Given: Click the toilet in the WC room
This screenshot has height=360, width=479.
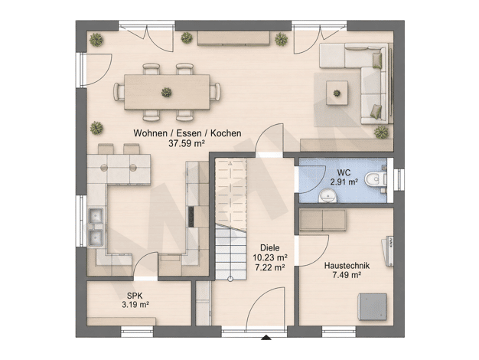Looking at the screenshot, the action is point(375,179).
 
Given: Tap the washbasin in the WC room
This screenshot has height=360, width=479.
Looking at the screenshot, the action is point(327,196).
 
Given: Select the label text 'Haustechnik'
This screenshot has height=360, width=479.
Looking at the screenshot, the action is point(347,266).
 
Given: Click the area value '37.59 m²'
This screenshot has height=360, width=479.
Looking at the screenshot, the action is point(187,143).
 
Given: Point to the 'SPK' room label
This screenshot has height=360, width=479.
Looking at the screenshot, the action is point(135,296).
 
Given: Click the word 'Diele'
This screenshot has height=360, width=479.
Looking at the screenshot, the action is point(270,247).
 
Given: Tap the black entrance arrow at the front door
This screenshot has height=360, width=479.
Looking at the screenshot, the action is point(266,337).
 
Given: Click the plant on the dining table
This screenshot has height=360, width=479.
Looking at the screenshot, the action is point(166,92).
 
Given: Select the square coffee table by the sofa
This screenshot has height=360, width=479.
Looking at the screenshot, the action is point(337,93).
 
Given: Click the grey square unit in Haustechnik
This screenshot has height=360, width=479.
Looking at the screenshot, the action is point(373,307).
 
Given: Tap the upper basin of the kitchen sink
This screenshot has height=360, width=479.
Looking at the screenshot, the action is point(96,216).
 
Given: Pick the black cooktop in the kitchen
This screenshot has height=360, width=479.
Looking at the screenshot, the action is point(191,217).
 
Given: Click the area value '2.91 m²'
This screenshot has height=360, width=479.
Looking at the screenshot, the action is point(344,182).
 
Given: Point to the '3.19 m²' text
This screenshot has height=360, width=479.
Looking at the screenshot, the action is point(135,304).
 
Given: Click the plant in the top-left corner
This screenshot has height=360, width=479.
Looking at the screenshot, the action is point(96,40).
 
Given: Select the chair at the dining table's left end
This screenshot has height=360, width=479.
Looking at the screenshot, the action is point(119,92).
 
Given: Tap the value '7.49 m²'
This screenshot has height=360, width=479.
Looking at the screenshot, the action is point(347,275).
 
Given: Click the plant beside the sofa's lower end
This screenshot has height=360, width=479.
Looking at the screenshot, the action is point(381,133).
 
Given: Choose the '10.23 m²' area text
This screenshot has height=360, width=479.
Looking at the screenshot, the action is point(270,257).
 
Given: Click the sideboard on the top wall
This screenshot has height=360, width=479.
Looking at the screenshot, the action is point(233,38).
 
